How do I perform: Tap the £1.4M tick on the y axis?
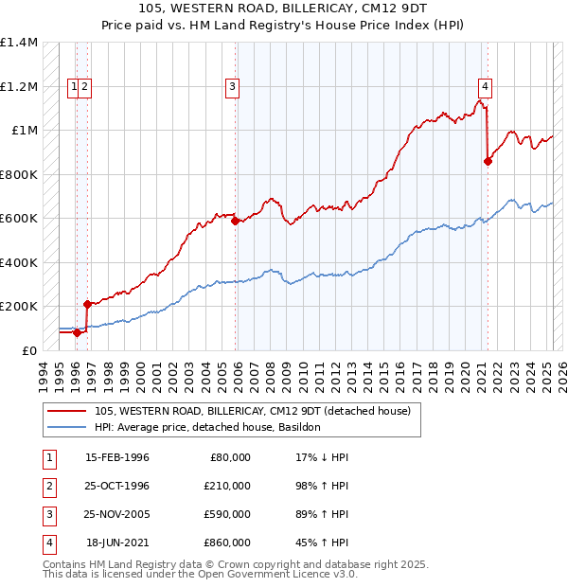tap(19, 43)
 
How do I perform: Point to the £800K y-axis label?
tap(19, 174)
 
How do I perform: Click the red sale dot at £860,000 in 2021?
tap(488, 161)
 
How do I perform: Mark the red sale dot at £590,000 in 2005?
tap(236, 221)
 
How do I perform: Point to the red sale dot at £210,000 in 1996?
tap(87, 304)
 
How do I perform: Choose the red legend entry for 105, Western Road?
tap(252, 411)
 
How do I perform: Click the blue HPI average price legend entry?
tap(207, 428)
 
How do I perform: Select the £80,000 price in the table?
tap(227, 457)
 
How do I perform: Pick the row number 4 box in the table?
tap(47, 543)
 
